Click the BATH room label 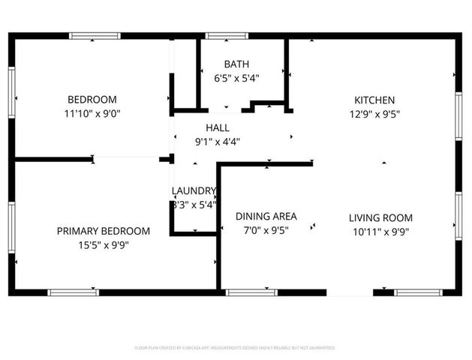click(x=241, y=64)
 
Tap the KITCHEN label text click(x=374, y=100)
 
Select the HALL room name click(x=218, y=127)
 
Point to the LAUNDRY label click(x=194, y=190)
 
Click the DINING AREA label click(x=266, y=217)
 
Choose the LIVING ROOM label click(x=380, y=217)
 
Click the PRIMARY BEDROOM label click(x=104, y=231)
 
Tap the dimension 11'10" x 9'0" click(x=92, y=114)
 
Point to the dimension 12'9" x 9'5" click(x=374, y=114)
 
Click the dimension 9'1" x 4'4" click(x=218, y=141)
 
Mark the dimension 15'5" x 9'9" click(x=104, y=244)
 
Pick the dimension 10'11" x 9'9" click(x=380, y=231)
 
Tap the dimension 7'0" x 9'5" click(x=266, y=230)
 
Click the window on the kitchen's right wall click(x=458, y=116)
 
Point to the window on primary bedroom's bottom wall click(x=73, y=292)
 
